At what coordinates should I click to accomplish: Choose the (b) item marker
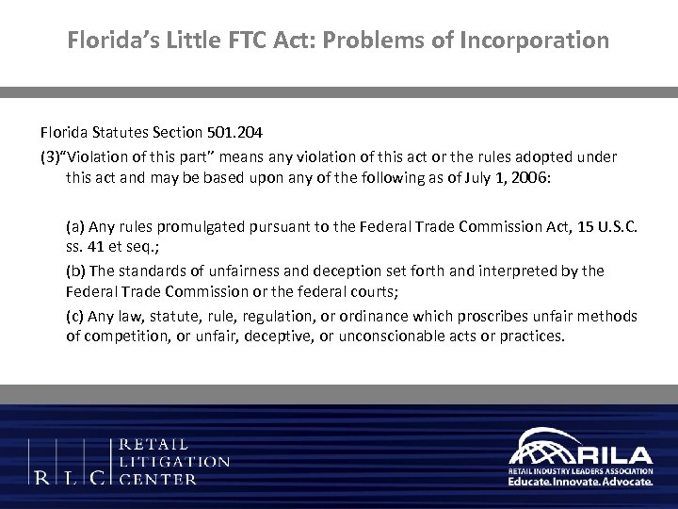pyautogui.click(x=75, y=271)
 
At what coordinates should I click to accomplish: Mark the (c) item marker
pyautogui.click(x=75, y=315)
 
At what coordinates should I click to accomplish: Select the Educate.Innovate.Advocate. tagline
pyautogui.click(x=579, y=481)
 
